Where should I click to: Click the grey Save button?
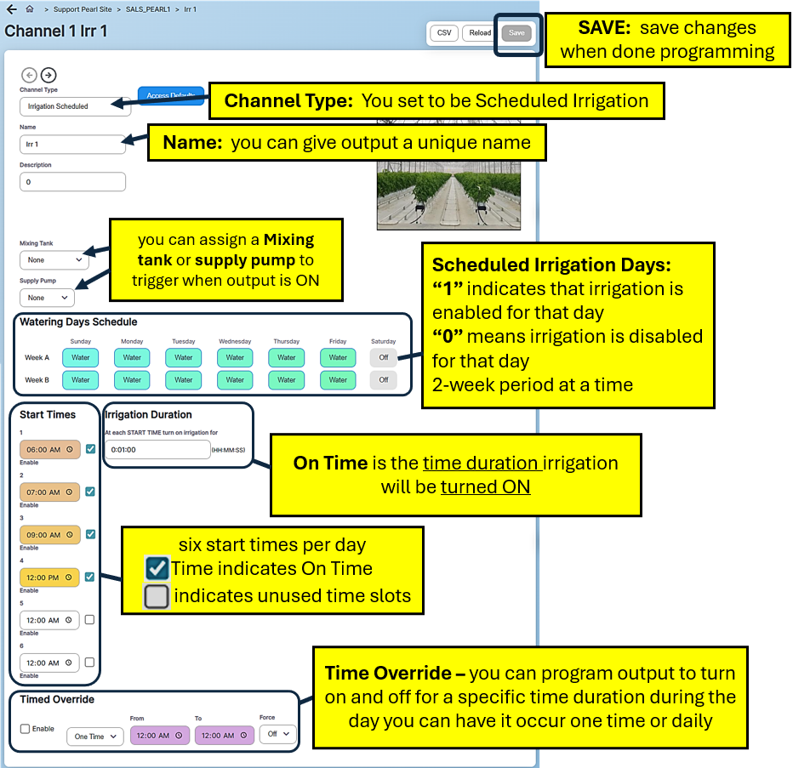[516, 33]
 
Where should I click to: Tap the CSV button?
[443, 33]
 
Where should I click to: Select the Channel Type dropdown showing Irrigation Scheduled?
[72, 106]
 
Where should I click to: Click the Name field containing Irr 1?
[72, 145]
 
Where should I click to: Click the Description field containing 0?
[72, 182]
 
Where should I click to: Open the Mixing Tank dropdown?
[54, 260]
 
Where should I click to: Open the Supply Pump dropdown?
[47, 298]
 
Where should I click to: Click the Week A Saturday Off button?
[383, 357]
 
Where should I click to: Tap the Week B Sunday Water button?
[81, 380]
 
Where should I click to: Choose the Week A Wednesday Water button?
[236, 357]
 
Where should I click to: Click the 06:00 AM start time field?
[49, 450]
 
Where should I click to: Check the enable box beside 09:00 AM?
[90, 534]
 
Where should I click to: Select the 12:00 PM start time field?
[49, 577]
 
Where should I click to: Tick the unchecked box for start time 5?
[90, 620]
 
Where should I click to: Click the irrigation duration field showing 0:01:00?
[157, 449]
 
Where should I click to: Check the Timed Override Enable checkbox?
[25, 729]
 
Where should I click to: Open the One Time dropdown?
[95, 737]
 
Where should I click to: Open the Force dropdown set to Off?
[278, 733]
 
